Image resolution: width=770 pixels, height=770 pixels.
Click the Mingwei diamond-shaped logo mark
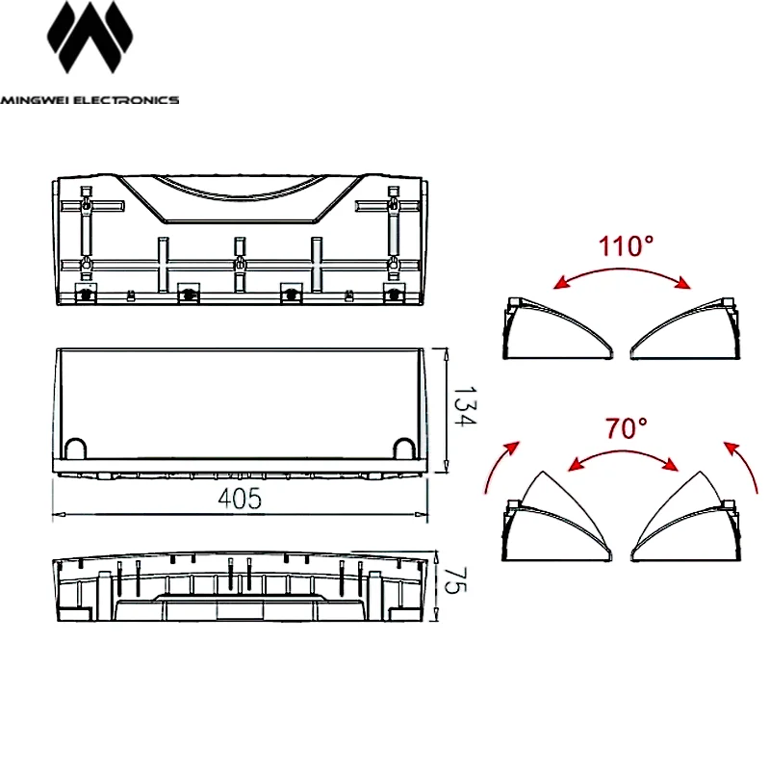pos(90,38)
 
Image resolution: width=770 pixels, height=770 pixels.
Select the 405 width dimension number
pos(240,499)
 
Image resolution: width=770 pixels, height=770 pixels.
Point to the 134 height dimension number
pos(464,406)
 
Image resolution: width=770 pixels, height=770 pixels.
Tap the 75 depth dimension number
pos(454,581)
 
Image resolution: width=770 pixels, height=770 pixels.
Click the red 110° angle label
pos(627,246)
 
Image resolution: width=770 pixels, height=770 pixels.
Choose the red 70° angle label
pos(627,427)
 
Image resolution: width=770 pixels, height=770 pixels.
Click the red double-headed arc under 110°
pos(622,270)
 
